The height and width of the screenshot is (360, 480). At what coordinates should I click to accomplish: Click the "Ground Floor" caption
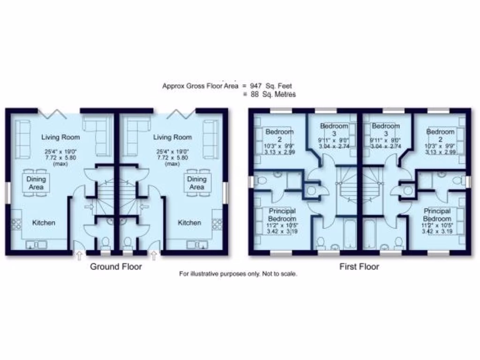point(116,267)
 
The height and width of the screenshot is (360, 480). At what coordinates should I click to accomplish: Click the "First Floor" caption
point(359,267)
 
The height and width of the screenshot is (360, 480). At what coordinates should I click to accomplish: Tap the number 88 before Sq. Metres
point(254,94)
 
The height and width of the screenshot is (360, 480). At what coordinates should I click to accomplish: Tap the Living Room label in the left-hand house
point(60,137)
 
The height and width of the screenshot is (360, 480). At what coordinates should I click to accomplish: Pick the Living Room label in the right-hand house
point(172,137)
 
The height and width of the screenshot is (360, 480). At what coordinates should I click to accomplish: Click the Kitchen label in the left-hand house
point(44,223)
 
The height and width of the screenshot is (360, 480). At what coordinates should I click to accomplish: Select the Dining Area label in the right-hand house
point(197,183)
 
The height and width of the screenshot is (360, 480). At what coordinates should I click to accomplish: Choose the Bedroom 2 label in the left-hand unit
point(279,135)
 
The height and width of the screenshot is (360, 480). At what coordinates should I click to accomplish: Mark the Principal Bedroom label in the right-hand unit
point(437,215)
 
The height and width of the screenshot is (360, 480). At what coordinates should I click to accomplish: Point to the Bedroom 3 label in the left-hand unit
point(334,129)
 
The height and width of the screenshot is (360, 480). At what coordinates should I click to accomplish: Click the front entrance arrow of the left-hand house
point(78,256)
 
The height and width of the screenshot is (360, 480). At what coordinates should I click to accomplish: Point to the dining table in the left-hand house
point(36,183)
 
